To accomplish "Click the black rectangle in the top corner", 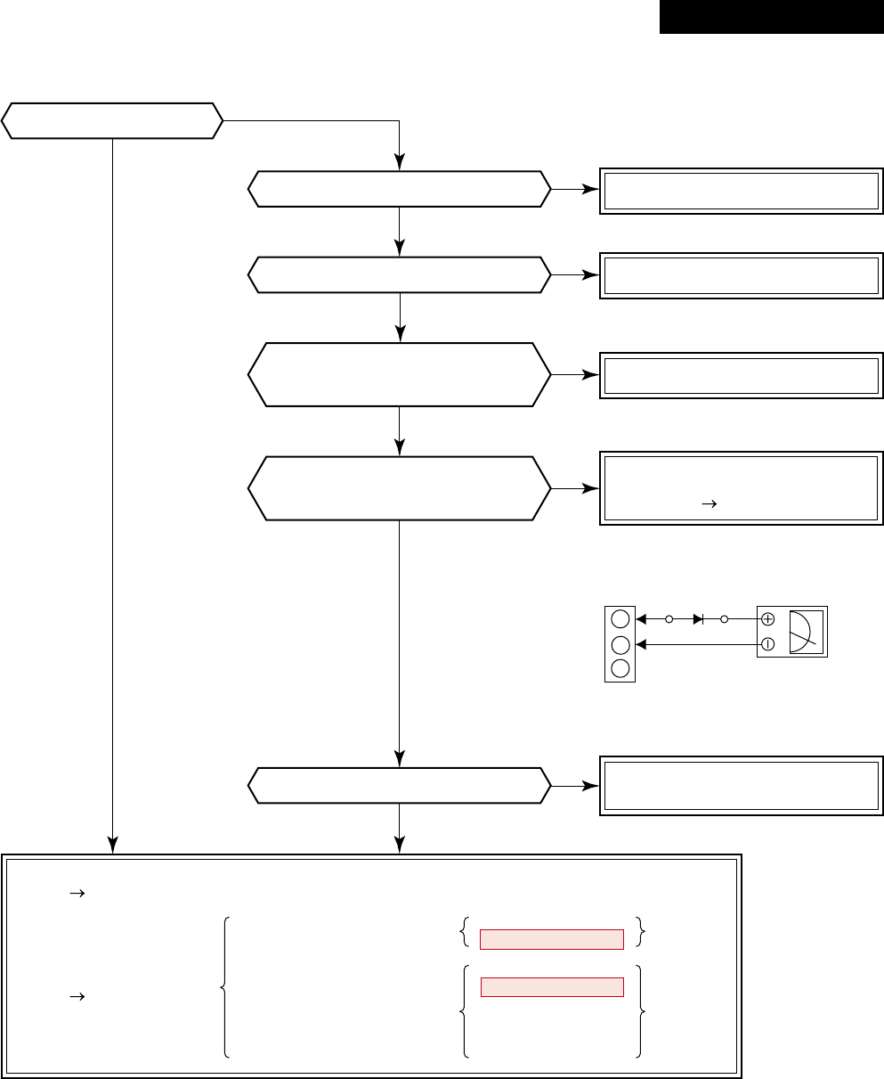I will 771,17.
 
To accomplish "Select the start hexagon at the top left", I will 112,120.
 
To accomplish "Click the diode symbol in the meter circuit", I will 697,618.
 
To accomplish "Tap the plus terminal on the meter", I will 768,618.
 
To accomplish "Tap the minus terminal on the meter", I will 768,643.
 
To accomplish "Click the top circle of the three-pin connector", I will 620,619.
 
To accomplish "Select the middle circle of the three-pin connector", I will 620,643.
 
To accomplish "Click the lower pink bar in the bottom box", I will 552,986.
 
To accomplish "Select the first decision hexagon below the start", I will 399,189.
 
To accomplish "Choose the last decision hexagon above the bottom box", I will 399,785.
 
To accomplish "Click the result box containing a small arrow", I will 742,489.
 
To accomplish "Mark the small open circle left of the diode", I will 669,618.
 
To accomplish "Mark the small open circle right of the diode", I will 724,618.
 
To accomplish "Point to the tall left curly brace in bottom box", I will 223,986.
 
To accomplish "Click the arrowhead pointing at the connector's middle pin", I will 640,643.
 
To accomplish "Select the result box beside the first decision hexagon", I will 742,190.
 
